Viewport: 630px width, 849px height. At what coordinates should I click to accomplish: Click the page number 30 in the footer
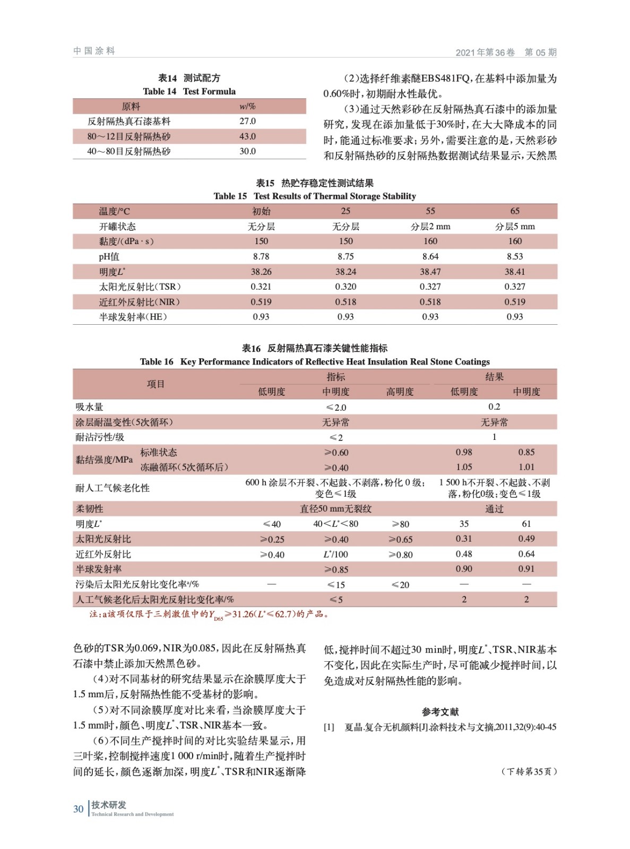pos(79,809)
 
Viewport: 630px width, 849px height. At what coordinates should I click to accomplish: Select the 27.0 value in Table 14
pos(247,121)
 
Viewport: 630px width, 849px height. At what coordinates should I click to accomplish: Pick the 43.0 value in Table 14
pos(247,136)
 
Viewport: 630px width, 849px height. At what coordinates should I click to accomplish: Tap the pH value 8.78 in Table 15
pos(261,256)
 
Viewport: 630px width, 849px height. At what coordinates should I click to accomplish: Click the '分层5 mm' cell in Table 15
pos(514,227)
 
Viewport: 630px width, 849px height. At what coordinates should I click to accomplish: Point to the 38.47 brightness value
pos(430,272)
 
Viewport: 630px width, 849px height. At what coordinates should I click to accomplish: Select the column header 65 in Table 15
pos(515,211)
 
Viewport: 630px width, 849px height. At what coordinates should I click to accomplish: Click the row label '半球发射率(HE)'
pos(133,317)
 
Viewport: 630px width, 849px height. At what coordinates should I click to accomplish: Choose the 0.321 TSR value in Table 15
pos(261,287)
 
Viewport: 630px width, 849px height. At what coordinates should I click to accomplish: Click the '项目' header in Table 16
pos(156,384)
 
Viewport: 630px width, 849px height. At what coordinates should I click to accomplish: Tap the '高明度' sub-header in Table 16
pos(400,392)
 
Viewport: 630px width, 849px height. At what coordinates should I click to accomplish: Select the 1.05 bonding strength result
pos(464,467)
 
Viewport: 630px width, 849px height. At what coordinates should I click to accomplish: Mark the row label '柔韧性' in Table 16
pos(89,509)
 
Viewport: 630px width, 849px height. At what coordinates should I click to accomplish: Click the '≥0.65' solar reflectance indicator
pos(400,539)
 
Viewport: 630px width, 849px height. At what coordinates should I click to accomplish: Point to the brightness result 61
pos(526,524)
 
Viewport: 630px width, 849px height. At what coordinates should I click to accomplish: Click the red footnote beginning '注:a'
pos(209,614)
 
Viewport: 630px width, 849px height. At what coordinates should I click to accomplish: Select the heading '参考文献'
pos(440,712)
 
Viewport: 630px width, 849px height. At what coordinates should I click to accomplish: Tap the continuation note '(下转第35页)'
pos(529,772)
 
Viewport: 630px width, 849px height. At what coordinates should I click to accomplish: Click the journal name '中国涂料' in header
pos(94,51)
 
